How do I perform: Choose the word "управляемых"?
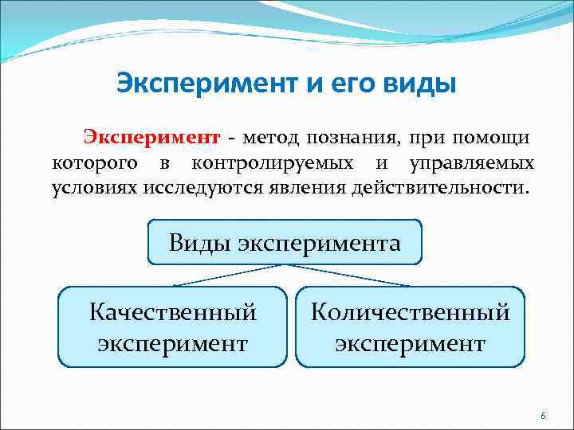(472, 164)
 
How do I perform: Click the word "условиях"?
(94, 190)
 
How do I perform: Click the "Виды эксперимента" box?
(285, 242)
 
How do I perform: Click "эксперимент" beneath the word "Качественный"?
(173, 343)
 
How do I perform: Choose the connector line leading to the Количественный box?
(351, 275)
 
